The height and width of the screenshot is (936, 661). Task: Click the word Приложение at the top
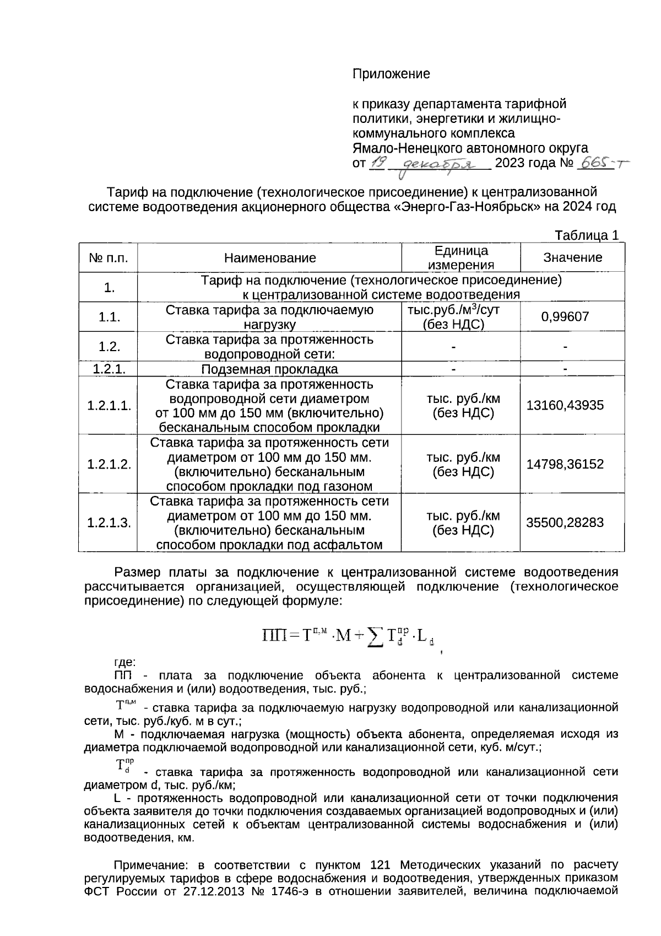pyautogui.click(x=391, y=73)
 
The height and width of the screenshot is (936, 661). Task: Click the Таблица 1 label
pyautogui.click(x=587, y=235)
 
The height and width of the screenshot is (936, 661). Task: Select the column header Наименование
pyautogui.click(x=270, y=257)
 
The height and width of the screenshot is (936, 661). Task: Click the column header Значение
pyautogui.click(x=573, y=257)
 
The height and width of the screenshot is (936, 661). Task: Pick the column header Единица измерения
pyautogui.click(x=461, y=257)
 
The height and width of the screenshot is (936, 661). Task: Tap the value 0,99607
pyautogui.click(x=565, y=316)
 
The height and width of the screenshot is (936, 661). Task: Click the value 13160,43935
pyautogui.click(x=565, y=405)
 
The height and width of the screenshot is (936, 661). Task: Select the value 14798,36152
pyautogui.click(x=565, y=464)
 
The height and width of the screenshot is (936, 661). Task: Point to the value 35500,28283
pyautogui.click(x=565, y=523)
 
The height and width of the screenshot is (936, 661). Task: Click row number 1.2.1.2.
pyautogui.click(x=109, y=464)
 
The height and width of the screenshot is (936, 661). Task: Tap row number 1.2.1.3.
pyautogui.click(x=109, y=523)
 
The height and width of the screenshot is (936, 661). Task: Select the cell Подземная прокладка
pyautogui.click(x=269, y=369)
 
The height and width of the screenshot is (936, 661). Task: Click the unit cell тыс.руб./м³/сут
pyautogui.click(x=453, y=310)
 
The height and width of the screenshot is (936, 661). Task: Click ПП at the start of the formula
pyautogui.click(x=273, y=636)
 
